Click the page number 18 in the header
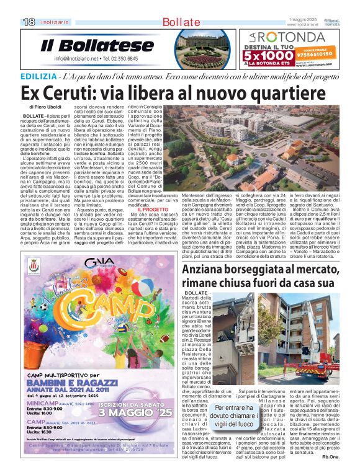pyautogui.click(x=29, y=22)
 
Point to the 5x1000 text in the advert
pyautogui.click(x=272, y=57)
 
